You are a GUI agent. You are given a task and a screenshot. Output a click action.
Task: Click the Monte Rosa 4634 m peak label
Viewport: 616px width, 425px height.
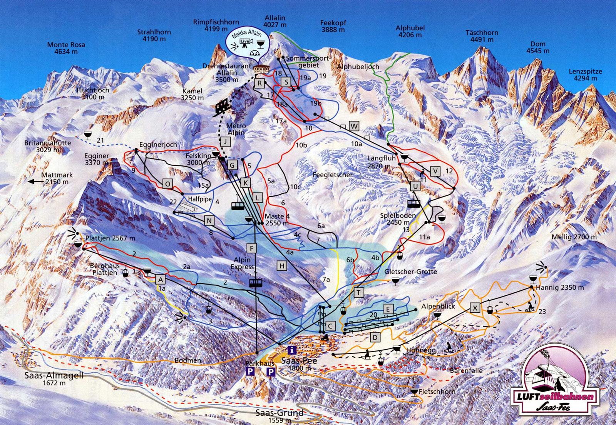[x=66, y=48]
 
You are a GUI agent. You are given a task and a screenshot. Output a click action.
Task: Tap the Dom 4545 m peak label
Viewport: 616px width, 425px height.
[x=538, y=47]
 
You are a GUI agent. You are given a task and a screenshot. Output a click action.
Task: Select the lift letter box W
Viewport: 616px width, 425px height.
[x=354, y=125]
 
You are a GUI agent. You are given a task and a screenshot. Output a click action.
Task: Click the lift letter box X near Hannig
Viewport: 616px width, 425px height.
[x=475, y=307]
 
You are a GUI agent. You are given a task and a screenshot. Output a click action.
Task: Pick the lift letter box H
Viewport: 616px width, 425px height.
[x=282, y=265]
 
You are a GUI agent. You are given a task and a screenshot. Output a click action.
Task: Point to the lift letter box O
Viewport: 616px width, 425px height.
[x=168, y=184]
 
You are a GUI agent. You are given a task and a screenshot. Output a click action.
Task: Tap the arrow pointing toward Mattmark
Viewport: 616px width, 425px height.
[x=37, y=182]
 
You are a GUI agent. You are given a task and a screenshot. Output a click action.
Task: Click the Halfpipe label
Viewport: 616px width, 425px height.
[x=198, y=199]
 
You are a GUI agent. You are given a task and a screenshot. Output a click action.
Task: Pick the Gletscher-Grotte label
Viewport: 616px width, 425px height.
[x=410, y=272]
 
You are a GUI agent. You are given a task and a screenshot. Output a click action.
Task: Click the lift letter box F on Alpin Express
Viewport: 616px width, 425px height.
[x=251, y=248]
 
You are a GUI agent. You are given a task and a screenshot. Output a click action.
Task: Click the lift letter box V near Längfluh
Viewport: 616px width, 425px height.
[x=435, y=171]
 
